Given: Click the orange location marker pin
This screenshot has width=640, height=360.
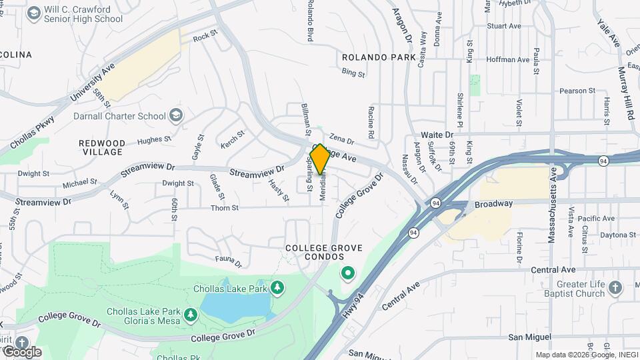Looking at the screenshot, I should [320, 159].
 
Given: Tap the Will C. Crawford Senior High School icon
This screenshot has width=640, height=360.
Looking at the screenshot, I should [33, 14].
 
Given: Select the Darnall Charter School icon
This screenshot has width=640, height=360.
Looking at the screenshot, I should [176, 116].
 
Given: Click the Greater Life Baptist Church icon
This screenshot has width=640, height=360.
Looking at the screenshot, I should [615, 287].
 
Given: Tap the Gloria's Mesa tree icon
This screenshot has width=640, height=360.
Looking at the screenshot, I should [191, 314].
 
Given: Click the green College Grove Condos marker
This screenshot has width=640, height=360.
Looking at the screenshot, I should [347, 273].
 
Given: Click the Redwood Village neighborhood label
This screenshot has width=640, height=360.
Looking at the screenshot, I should [101, 147].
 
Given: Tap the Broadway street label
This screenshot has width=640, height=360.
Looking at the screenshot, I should [494, 204].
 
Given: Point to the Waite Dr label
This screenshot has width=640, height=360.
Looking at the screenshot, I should [437, 135].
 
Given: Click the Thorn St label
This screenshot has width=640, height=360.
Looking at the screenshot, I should [225, 208].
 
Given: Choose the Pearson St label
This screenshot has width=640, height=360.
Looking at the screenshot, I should [577, 91].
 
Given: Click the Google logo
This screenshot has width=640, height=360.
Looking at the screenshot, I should [21, 351].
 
